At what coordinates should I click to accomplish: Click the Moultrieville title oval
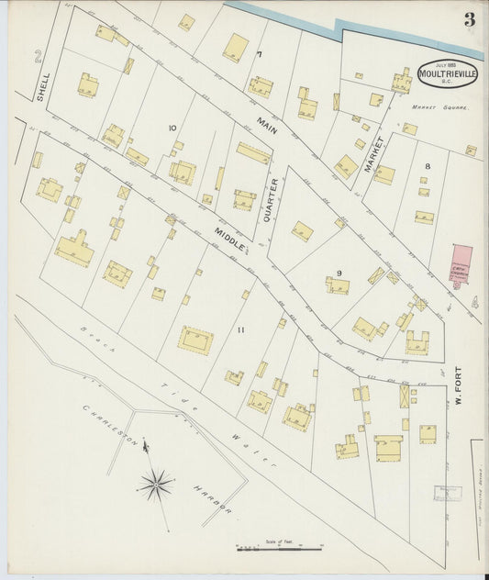pyautogui.click(x=447, y=72)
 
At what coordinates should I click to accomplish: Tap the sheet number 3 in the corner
pyautogui.click(x=469, y=20)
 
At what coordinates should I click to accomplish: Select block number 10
pyautogui.click(x=172, y=128)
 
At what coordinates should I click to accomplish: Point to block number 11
pyautogui.click(x=241, y=329)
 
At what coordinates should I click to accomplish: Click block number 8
pyautogui.click(x=427, y=165)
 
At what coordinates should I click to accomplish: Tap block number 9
pyautogui.click(x=339, y=273)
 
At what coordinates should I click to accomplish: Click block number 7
pyautogui.click(x=260, y=54)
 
